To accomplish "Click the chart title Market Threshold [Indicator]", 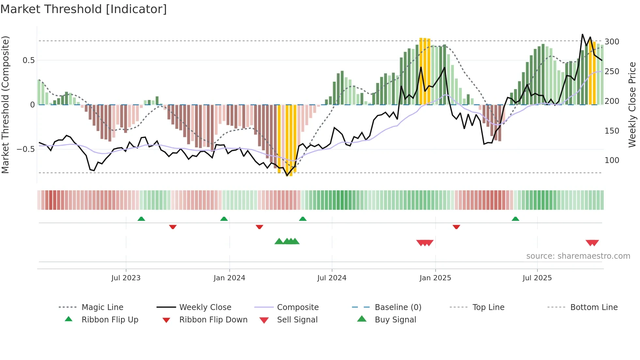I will [84, 9].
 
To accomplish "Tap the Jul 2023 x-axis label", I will [126, 278].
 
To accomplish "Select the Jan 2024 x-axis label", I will [229, 278].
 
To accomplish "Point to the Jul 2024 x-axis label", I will [332, 278].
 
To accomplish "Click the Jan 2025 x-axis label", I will [435, 278].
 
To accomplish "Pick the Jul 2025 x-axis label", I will [537, 278].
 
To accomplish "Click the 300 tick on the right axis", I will [612, 42].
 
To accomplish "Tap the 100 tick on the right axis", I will [612, 160].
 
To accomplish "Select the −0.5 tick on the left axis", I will [26, 149].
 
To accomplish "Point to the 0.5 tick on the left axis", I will [28, 60].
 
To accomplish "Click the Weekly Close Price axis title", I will [632, 105].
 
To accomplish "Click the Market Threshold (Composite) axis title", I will [5, 105].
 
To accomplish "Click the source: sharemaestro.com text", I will [578, 256].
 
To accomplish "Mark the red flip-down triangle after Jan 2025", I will [456, 227].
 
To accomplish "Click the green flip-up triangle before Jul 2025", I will [515, 219].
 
